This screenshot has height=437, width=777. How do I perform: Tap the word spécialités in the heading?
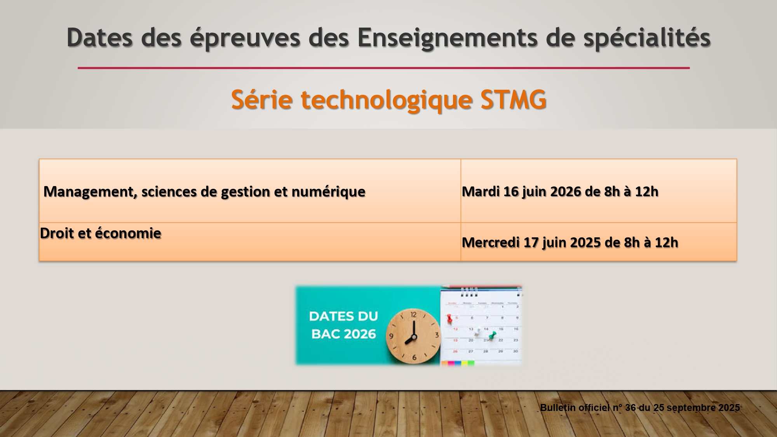pyautogui.click(x=647, y=38)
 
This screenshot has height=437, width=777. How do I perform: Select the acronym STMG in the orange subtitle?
pyautogui.click(x=514, y=99)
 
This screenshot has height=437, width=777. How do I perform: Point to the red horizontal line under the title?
pyautogui.click(x=384, y=68)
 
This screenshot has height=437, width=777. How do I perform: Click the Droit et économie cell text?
pyautogui.click(x=101, y=233)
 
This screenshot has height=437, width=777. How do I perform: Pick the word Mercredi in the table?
pyautogui.click(x=491, y=242)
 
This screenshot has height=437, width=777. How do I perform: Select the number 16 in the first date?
pyautogui.click(x=511, y=192)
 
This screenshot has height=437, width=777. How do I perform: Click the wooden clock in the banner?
pyautogui.click(x=413, y=336)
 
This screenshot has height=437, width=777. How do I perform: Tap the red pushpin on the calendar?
pyautogui.click(x=449, y=319)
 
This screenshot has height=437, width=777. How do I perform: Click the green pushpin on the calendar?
pyautogui.click(x=492, y=335)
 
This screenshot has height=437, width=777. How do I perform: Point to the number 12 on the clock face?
pyautogui.click(x=413, y=315)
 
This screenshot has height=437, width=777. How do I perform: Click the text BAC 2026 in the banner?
pyautogui.click(x=344, y=334)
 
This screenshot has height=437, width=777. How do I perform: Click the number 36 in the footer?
pyautogui.click(x=630, y=408)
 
